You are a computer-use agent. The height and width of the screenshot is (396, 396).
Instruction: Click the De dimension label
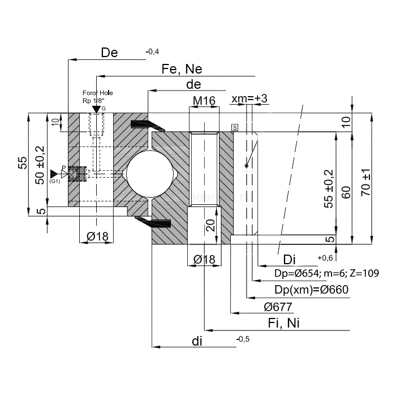[x=109, y=53]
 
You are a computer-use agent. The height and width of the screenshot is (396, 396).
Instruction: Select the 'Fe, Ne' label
[x=182, y=69]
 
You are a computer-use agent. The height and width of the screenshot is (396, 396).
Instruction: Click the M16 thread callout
[x=204, y=101]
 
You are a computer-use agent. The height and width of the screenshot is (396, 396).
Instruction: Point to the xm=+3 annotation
[x=249, y=99]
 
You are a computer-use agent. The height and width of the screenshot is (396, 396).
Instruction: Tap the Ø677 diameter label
[x=278, y=307]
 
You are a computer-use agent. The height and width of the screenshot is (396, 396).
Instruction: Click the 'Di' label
[x=290, y=260]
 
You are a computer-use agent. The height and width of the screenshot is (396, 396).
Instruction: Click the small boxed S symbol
[x=234, y=127]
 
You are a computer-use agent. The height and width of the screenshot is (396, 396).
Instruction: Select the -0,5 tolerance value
[x=243, y=338]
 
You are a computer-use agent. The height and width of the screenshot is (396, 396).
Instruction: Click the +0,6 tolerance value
[x=325, y=258]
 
